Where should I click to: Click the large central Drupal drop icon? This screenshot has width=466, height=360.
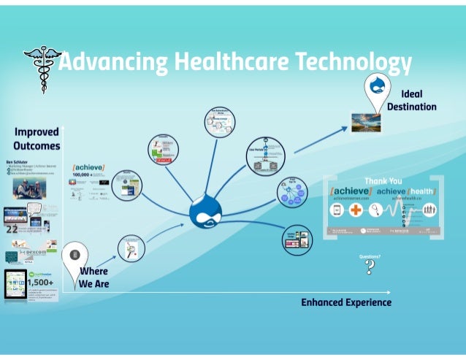pyautogui.click(x=205, y=212)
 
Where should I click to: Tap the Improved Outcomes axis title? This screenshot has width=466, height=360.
pyautogui.click(x=37, y=138)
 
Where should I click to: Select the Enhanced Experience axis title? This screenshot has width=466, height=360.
pyautogui.click(x=346, y=302)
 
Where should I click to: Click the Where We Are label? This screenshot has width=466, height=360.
pyautogui.click(x=93, y=277)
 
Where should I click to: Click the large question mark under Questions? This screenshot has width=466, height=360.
pyautogui.click(x=370, y=267)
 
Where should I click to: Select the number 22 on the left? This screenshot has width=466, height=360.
pyautogui.click(x=12, y=229)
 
